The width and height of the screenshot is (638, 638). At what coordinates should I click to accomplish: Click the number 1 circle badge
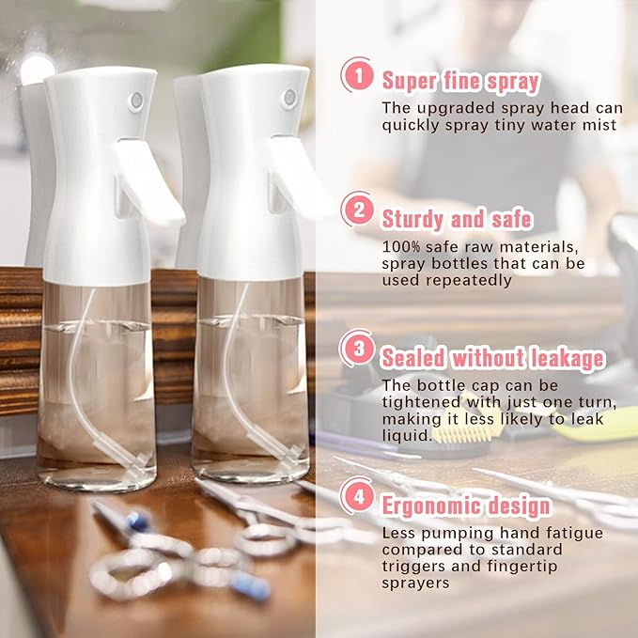(x=357, y=76)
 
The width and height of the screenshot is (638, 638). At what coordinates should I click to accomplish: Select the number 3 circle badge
(x=357, y=348)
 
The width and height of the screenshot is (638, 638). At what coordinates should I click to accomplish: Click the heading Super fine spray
(x=460, y=80)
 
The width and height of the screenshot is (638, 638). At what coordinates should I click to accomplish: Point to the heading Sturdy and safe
(x=457, y=219)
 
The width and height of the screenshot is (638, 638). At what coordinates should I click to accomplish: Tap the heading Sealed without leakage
(x=492, y=358)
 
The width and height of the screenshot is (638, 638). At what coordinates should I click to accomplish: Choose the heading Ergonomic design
(x=466, y=506)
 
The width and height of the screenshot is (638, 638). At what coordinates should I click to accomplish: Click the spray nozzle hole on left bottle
(x=135, y=101)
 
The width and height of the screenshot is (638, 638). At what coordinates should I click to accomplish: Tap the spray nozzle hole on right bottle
(x=288, y=97)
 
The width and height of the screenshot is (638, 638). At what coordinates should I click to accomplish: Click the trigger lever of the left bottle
(x=150, y=183)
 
